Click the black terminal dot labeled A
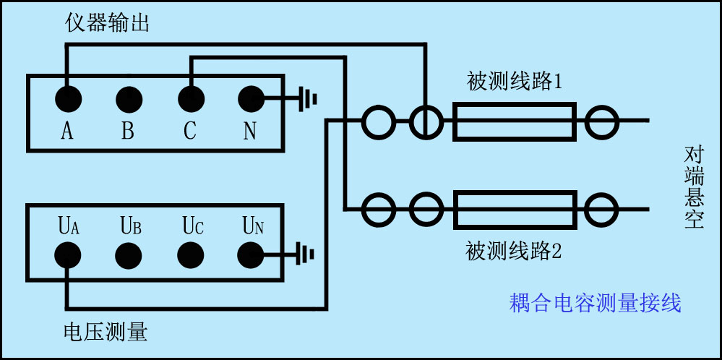(67, 98)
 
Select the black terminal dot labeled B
(129, 98)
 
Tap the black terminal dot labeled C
(190, 98)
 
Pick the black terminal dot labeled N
(251, 98)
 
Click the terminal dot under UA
(67, 254)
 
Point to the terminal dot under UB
(129, 254)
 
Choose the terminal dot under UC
(190, 254)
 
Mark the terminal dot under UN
(251, 254)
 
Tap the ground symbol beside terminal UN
(306, 254)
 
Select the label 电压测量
(106, 332)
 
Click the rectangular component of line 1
(514, 121)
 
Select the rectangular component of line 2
(515, 210)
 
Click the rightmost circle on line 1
(602, 121)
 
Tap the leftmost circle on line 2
(379, 210)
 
